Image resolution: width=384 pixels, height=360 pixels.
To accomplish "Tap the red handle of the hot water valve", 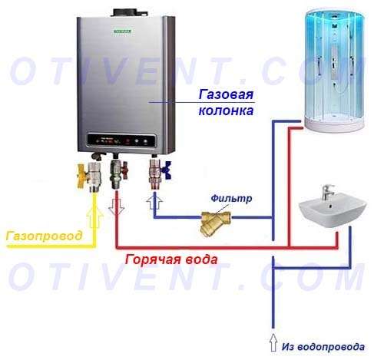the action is click(125, 170).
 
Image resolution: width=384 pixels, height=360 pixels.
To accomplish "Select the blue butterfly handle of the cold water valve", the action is click(167, 170).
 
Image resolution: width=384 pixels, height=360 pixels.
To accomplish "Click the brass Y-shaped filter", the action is click(214, 223).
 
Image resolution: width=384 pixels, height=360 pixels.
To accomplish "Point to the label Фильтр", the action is click(231, 198).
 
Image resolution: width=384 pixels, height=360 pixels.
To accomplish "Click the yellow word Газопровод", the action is click(44, 236).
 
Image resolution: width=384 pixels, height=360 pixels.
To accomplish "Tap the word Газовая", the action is click(226, 94).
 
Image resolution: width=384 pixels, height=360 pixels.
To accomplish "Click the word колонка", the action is click(226, 111).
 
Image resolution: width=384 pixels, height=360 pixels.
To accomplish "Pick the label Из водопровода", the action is click(323, 347).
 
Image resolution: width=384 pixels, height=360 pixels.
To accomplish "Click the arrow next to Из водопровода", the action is click(273, 342).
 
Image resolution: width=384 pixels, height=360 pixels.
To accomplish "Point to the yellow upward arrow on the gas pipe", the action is click(95, 217).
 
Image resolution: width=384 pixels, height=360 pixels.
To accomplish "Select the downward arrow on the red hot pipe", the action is click(117, 206).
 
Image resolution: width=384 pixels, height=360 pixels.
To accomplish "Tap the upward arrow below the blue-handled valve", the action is click(154, 201).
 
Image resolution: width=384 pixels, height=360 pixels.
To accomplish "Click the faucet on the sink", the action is click(327, 192).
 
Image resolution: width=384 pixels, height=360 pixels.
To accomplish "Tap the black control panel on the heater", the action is click(121, 140).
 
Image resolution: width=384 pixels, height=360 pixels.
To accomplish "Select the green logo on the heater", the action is click(123, 31).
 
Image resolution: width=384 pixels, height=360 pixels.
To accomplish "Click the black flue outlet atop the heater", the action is click(125, 12).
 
